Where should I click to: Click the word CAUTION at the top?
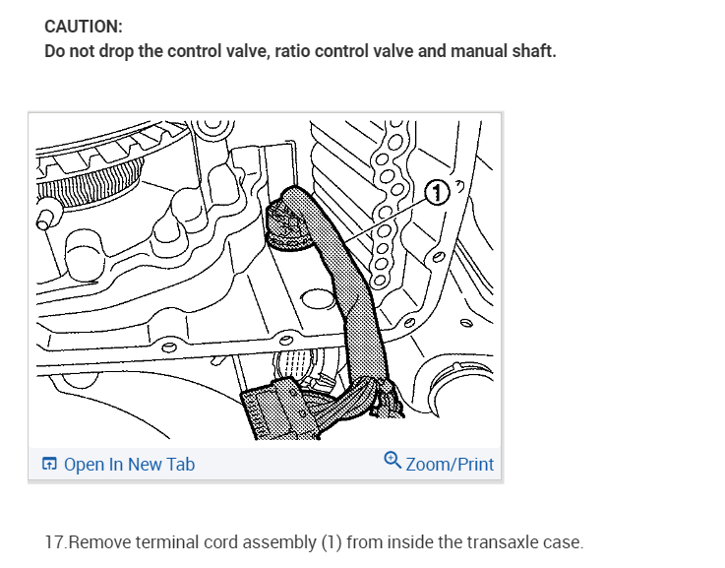(x=84, y=27)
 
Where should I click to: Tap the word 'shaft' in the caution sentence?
(x=533, y=51)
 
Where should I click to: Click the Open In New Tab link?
(x=129, y=464)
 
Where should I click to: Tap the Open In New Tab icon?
(x=50, y=464)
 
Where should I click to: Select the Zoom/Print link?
(x=450, y=464)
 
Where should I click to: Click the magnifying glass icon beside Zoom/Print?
(x=393, y=462)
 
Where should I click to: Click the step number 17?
(x=55, y=542)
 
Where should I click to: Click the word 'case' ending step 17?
(x=564, y=542)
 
